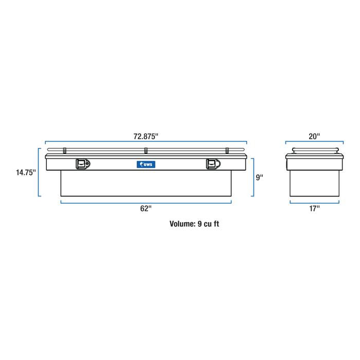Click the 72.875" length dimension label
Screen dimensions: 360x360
click(x=146, y=136)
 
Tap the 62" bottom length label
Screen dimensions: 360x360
click(x=146, y=208)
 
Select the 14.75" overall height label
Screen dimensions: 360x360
click(x=26, y=172)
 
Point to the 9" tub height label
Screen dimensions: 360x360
click(x=259, y=177)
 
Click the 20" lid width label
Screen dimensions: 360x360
click(x=314, y=136)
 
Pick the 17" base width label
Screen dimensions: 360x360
click(x=314, y=208)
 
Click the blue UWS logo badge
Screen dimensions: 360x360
click(x=146, y=164)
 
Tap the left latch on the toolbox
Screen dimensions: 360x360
click(x=83, y=164)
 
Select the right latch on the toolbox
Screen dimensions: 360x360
click(x=213, y=164)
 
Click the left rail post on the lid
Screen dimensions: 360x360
click(x=64, y=151)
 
